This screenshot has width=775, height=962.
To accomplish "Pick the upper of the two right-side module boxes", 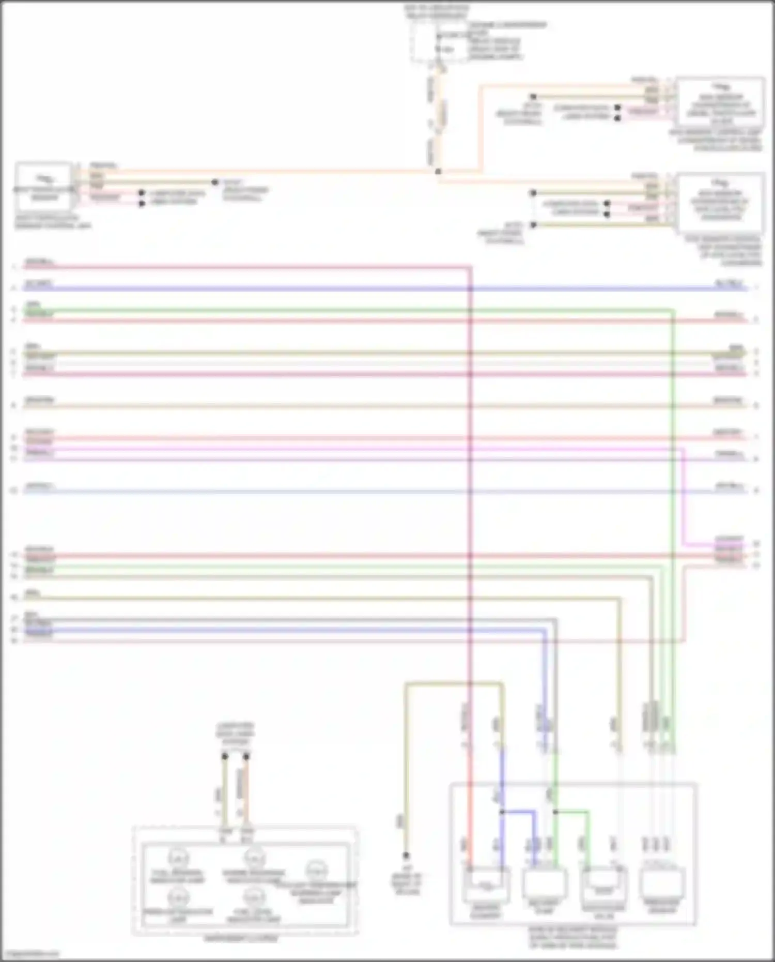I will point(720,102).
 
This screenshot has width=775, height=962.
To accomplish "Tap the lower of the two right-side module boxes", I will point(720,203).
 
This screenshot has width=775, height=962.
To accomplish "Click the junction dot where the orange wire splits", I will point(438,171).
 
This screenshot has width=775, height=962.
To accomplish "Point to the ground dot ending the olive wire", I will point(406,856).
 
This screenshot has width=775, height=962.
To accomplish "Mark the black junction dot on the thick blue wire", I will point(502,812).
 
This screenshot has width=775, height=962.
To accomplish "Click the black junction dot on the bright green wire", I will point(555,812).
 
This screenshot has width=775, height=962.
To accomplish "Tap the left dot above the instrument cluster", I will point(225,757).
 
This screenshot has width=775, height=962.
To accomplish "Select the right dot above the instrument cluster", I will point(246,757).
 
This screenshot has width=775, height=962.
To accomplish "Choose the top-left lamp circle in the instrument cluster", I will point(178,859).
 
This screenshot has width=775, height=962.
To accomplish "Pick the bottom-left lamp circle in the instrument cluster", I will point(178,897).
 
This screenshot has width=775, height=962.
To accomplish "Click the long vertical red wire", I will point(470,517).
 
